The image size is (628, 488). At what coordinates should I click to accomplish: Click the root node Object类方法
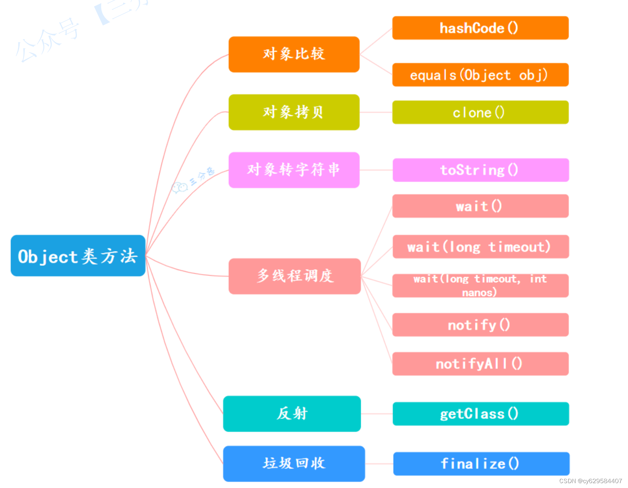pos(78,256)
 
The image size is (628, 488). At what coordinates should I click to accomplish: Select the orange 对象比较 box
pos(294,54)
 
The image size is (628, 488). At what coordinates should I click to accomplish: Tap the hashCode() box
pos(480,28)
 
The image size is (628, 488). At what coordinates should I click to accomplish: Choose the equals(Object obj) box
pos(480,75)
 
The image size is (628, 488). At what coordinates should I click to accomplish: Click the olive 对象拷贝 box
pos(294,112)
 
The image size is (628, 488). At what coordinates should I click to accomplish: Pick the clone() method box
pos(480,112)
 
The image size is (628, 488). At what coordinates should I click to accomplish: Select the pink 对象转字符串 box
pos(294,170)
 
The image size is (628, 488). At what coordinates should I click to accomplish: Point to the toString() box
pos(480,170)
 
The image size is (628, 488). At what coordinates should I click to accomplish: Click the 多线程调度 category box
pos(294,276)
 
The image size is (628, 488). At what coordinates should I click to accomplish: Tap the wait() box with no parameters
pos(480,206)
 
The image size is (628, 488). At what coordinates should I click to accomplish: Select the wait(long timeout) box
pos(480,247)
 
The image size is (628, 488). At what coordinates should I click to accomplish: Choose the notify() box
pos(480,325)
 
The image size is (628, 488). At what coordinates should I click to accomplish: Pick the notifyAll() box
pos(480,364)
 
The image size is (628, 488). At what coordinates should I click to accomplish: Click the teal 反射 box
pos(292,414)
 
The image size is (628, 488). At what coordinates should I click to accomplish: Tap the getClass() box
pos(480,414)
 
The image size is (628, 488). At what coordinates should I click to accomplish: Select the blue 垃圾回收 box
pos(294,464)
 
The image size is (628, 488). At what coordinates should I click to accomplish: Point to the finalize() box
pos(481,464)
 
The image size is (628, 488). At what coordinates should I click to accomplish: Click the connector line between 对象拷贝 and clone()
pos(376,112)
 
